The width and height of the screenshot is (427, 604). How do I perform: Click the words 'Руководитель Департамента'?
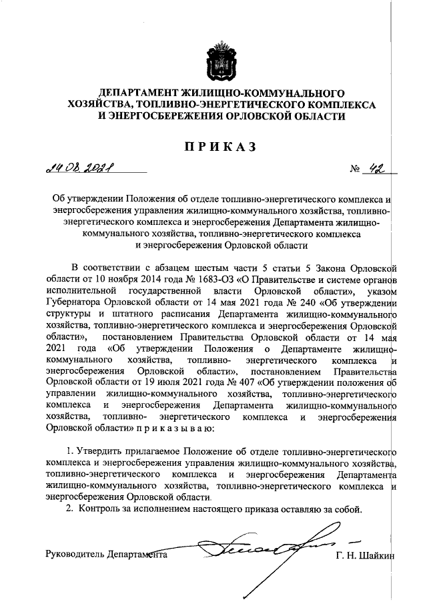(105, 555)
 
